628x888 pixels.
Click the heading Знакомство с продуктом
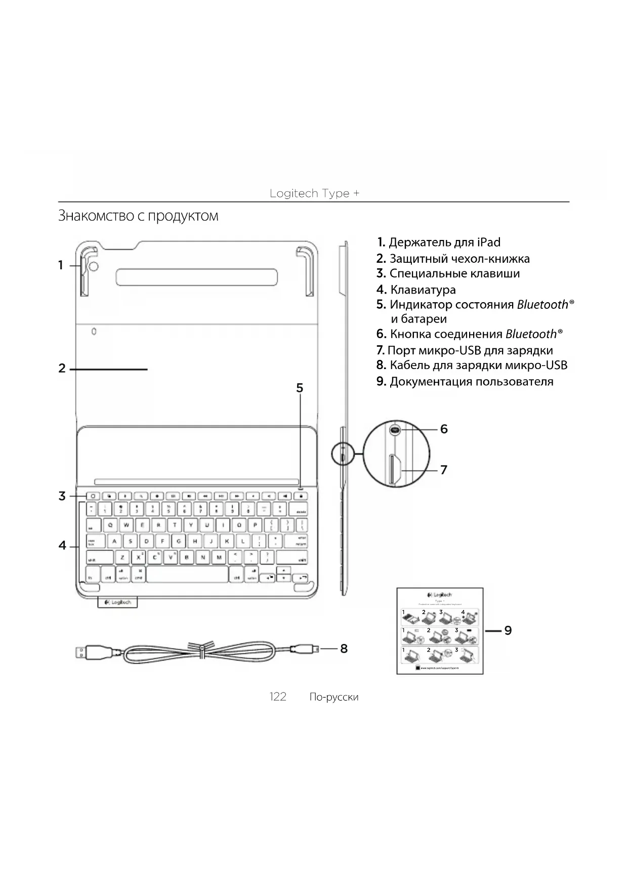coord(138,216)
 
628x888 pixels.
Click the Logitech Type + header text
coord(314,193)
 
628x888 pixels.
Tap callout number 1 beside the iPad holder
coord(61,265)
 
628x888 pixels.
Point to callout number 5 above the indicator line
coord(300,388)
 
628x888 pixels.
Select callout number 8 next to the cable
coord(344,649)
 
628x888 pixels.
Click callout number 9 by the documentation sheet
coord(508,630)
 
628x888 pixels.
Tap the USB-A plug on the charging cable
coord(89,652)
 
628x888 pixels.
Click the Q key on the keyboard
coord(110,525)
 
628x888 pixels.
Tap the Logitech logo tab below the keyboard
coord(117,602)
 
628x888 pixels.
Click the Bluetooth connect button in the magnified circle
coord(395,430)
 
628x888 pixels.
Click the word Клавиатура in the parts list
coord(423,290)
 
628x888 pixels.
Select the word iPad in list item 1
coord(488,243)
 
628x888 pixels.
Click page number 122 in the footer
coord(277,697)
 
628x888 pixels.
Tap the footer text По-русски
coord(333,697)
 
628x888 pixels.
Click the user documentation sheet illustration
coord(440,631)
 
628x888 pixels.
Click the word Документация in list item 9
coord(429,382)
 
